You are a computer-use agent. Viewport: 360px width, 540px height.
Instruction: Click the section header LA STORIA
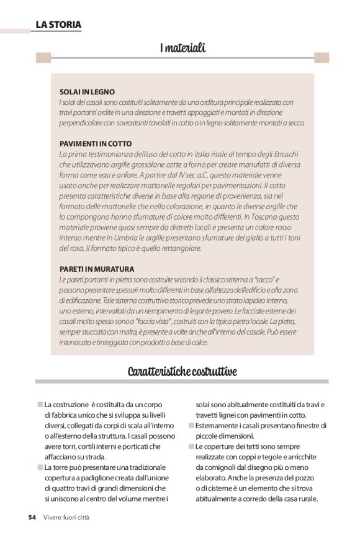click(58, 25)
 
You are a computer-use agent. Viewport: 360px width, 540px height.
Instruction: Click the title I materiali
click(182, 48)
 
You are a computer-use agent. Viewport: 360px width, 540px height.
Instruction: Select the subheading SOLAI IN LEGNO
click(87, 91)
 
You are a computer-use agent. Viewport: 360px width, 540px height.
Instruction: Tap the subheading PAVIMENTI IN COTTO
click(96, 143)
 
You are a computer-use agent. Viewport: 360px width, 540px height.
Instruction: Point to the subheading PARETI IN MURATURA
click(97, 269)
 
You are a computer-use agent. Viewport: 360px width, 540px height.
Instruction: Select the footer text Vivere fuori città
click(66, 517)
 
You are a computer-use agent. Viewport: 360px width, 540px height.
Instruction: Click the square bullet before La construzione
click(40, 404)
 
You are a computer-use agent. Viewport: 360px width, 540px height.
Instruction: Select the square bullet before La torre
click(40, 466)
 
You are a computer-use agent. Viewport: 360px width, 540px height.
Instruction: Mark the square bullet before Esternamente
click(191, 425)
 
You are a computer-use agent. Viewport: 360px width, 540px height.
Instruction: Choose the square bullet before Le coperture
click(191, 446)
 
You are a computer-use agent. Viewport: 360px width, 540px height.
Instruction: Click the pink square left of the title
click(43, 58)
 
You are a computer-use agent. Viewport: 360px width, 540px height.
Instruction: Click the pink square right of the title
click(321, 58)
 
